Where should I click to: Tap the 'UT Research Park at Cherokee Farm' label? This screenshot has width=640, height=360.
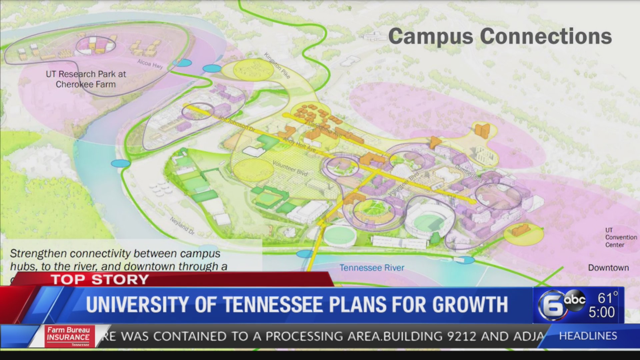click(x=86, y=79)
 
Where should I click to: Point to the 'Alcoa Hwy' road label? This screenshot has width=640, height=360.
click(x=150, y=63)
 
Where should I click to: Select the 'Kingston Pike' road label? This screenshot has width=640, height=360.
click(x=277, y=65)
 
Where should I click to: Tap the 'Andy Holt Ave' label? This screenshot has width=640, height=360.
click(x=299, y=145)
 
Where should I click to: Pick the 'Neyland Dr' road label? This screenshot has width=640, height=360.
click(x=182, y=225)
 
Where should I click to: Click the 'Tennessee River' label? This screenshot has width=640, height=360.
click(x=372, y=268)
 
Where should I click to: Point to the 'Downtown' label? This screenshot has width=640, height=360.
click(x=608, y=268)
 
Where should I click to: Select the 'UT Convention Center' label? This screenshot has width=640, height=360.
click(x=621, y=237)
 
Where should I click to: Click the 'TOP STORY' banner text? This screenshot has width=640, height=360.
click(x=100, y=280)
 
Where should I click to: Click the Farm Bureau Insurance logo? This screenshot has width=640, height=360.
click(x=69, y=336)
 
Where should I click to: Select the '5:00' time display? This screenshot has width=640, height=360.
click(x=601, y=313)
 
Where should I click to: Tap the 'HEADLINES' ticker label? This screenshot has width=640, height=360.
click(x=588, y=336)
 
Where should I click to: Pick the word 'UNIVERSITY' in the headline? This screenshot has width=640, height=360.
click(x=138, y=304)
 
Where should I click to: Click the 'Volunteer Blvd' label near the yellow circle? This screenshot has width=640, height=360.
click(x=290, y=168)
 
